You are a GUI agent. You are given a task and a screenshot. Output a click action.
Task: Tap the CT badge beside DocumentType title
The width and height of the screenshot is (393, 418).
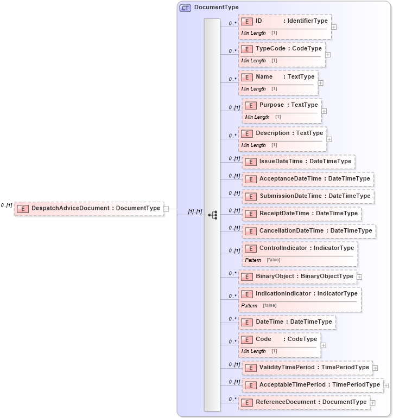pos(186,8)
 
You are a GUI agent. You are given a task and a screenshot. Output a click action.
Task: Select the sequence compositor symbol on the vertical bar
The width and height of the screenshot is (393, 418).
pos(213,215)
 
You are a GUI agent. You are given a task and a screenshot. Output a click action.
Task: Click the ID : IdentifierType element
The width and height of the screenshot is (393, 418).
pos(285,21)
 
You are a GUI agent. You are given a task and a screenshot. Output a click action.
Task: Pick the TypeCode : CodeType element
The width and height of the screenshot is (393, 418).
pos(282,49)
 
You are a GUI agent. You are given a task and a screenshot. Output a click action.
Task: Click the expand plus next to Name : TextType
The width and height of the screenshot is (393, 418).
pos(321,83)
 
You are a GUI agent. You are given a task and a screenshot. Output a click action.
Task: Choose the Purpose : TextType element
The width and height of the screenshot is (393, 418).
pos(282,105)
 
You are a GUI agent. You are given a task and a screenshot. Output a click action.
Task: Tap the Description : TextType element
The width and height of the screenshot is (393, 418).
pos(283,133)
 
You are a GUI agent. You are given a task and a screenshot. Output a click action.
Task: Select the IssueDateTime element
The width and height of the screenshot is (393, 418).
pos(299,162)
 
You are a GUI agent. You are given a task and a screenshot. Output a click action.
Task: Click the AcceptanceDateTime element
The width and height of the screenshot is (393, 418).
pos(308,179)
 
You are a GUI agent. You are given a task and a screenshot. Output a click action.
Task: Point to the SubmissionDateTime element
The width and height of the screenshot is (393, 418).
pos(308,196)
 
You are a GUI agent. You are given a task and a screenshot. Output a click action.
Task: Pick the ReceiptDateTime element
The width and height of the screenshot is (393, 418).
pos(302,214)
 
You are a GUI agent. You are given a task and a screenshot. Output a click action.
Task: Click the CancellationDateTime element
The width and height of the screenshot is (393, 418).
pos(309,231)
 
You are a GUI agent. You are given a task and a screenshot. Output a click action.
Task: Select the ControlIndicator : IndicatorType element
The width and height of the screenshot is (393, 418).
pos(300,248)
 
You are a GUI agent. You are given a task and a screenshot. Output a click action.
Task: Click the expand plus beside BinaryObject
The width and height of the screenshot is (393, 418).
pos(359,277)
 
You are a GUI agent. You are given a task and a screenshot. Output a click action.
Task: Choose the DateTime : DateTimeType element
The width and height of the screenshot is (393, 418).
pos(287,322)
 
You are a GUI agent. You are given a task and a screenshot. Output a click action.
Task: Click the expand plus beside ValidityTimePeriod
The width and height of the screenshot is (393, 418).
pos(375,368)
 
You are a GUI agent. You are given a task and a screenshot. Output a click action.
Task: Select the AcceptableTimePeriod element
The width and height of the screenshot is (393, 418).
pos(313,385)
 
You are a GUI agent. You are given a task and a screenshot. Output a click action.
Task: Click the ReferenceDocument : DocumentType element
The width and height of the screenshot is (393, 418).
pos(304,402)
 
